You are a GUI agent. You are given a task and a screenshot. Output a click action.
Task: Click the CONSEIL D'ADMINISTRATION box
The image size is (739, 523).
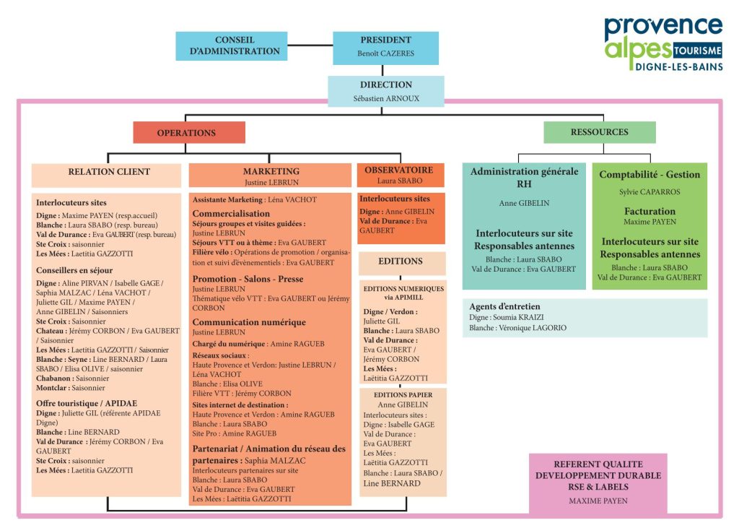235,46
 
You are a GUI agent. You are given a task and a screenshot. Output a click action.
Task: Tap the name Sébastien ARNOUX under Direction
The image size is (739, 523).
385,98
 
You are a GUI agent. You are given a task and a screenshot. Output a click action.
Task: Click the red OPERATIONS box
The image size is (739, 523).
188,133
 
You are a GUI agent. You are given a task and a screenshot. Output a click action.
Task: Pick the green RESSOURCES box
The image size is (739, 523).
599,132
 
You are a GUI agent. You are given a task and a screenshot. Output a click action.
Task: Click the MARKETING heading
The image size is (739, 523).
271,172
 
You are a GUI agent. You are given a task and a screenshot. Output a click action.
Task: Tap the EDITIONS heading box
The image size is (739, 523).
401,261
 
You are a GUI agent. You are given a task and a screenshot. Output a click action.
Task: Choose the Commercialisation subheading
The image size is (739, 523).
231,214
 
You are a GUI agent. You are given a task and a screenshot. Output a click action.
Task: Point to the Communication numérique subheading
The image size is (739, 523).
249,322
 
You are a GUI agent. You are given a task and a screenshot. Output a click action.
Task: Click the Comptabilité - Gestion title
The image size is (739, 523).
650,175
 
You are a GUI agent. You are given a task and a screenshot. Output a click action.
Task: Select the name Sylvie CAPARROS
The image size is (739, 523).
650,193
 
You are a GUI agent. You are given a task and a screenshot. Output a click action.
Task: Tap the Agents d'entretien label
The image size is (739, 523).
504,306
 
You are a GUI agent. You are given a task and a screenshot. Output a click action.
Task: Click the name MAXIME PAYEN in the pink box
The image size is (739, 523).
598,501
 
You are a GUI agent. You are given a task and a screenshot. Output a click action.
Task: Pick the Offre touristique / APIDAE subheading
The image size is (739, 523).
87,403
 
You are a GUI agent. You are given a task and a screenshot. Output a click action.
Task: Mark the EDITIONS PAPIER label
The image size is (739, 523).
403,395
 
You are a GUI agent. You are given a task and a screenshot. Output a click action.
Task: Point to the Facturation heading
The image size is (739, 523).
650,212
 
